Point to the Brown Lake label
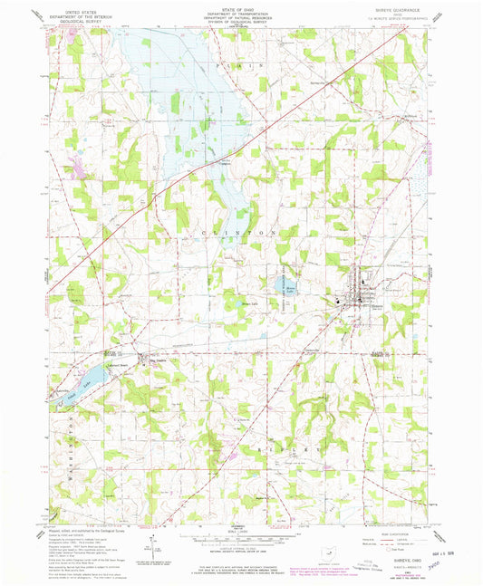click(242, 303)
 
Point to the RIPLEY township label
click(272, 448)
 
